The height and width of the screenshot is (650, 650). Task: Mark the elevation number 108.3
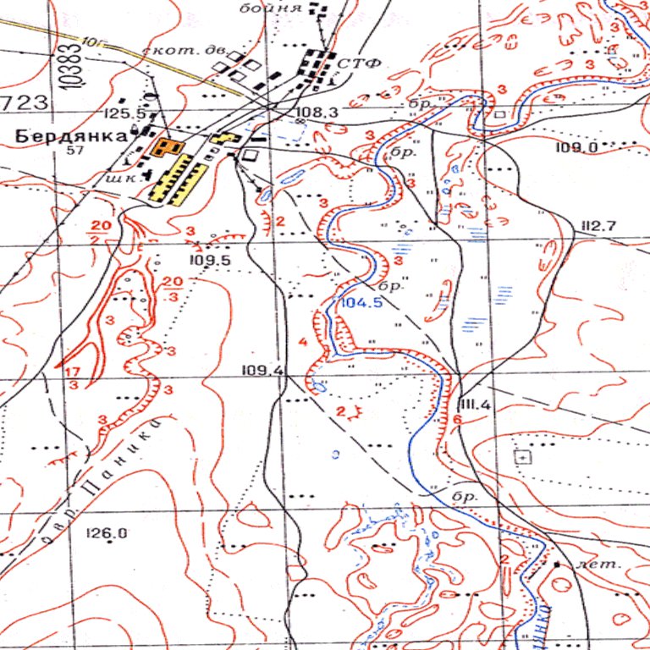pos(317,112)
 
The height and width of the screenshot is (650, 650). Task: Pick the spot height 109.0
pos(577,148)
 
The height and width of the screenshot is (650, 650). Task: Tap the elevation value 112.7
pos(598,224)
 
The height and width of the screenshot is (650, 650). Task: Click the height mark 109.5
pos(211,261)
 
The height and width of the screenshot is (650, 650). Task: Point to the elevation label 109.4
pos(262,370)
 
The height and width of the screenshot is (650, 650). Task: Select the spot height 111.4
pos(474,405)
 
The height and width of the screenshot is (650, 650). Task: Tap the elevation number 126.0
pos(107,533)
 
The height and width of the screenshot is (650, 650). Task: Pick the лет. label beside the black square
pos(586,563)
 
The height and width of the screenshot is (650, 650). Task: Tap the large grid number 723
pos(24,103)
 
